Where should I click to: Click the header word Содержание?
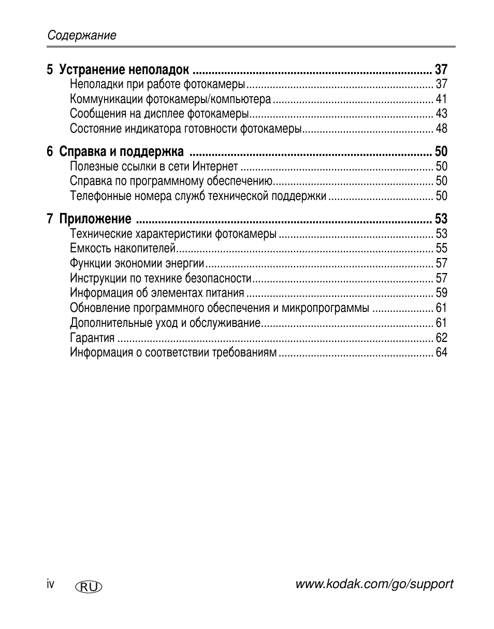[x=82, y=35]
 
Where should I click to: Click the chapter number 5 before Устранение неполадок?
[x=50, y=70]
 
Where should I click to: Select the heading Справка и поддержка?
[x=121, y=152]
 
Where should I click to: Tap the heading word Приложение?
[x=95, y=219]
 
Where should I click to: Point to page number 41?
[x=441, y=99]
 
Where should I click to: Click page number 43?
[x=441, y=113]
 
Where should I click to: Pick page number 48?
[x=441, y=128]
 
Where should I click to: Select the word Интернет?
[x=215, y=166]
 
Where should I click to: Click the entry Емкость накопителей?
[x=123, y=248]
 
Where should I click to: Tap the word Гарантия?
[x=92, y=338]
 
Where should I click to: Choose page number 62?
[x=441, y=338]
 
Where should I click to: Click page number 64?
[x=441, y=353]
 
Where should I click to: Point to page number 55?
[x=441, y=248]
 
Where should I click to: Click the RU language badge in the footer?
[x=89, y=587]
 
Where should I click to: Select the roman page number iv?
[x=50, y=584]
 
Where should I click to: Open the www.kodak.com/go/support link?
[x=374, y=584]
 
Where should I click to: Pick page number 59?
[x=441, y=293]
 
